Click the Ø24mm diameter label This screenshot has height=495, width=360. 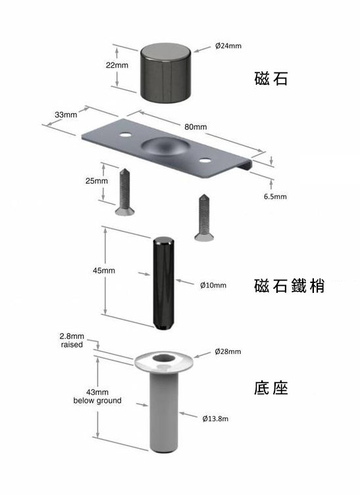pos(228,46)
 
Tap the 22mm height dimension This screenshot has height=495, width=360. pos(117,65)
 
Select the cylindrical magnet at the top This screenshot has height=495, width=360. pos(166,73)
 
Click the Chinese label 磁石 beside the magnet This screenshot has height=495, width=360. pos(271,78)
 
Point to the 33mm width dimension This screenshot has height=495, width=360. pos(66,115)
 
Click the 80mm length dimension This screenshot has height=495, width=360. pos(195,127)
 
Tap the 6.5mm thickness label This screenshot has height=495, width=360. pos(275,196)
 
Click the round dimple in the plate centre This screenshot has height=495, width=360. pos(166,146)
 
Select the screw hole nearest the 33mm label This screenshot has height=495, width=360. pos(126,135)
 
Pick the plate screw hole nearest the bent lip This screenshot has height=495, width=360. pos(205,161)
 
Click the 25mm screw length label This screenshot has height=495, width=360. pos(97,181)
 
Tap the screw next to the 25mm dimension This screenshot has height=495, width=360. pos(124,192)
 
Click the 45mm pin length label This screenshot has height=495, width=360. pos(104,271)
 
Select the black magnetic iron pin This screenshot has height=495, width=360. pos(163,284)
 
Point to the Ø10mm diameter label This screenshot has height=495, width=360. pos(213,286)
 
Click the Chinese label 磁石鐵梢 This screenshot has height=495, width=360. pos(289,286)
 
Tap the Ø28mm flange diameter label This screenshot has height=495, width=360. pos(228,352)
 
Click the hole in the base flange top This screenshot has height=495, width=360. pos(164,358)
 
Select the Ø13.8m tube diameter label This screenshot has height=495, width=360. pos(215,419)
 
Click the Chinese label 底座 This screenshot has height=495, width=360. pos(271,388)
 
